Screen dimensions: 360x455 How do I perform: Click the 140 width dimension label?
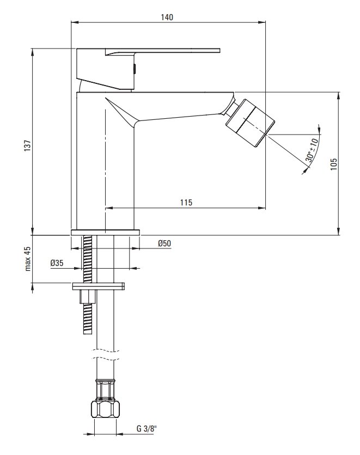click(x=167, y=17)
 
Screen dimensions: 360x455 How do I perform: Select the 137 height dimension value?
click(x=27, y=145)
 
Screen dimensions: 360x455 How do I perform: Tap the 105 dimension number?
click(x=334, y=164)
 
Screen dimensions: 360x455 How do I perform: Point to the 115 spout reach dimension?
click(x=186, y=202)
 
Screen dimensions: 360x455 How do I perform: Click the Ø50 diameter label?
click(x=164, y=243)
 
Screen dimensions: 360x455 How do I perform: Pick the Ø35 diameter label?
click(x=57, y=263)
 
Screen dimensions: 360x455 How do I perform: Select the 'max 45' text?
click(x=28, y=259)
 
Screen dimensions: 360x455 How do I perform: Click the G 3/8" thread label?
click(x=147, y=428)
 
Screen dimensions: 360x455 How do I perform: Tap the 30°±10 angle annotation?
click(x=311, y=150)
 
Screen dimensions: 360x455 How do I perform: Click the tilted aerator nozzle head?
click(x=250, y=123)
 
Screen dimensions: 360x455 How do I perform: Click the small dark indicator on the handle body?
click(x=135, y=69)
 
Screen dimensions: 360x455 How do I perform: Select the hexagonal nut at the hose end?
click(x=105, y=409)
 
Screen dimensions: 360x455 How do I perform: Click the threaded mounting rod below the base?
click(x=88, y=259)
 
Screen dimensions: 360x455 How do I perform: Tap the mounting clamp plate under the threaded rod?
click(x=99, y=287)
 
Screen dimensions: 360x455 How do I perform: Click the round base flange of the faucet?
click(x=105, y=232)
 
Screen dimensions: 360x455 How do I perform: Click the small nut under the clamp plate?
click(x=88, y=296)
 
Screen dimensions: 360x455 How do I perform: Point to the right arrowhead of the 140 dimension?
click(x=262, y=22)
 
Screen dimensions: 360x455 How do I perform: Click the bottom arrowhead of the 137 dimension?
click(x=33, y=231)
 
